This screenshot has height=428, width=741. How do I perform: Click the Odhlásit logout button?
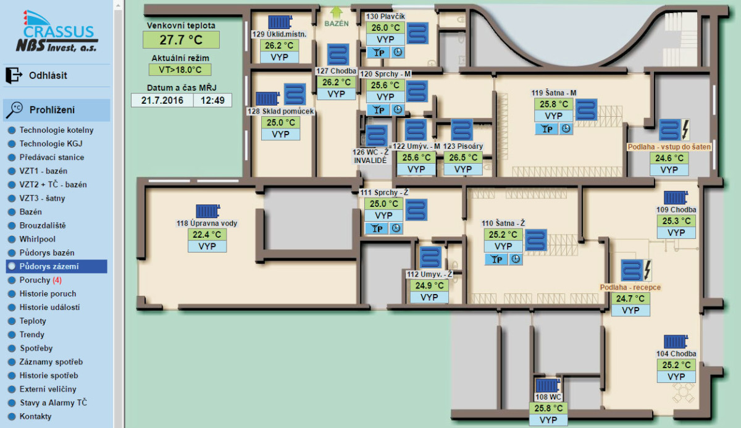(36, 75)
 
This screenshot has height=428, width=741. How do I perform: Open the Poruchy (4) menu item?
(40, 280)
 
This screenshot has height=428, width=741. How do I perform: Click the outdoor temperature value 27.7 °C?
(181, 40)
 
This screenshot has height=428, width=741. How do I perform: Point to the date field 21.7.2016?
(162, 100)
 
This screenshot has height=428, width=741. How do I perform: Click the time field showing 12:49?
(212, 100)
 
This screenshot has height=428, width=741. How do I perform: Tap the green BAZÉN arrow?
(337, 13)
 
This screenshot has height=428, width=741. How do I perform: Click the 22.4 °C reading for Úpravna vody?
(207, 235)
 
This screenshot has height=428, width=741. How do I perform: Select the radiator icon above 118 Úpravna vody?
(207, 211)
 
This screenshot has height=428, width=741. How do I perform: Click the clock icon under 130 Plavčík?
(398, 52)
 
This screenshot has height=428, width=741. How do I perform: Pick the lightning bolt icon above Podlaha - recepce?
(647, 270)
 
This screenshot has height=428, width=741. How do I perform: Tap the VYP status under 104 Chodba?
(676, 377)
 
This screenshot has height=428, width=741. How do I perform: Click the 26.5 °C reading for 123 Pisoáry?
(463, 157)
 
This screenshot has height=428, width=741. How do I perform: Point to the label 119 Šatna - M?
(553, 93)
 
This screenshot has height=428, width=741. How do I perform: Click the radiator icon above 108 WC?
(548, 385)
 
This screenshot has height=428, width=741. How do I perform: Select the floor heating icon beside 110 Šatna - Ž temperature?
(535, 240)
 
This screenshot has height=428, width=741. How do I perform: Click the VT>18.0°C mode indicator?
(180, 70)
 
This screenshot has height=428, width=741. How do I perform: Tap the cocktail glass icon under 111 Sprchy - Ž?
(377, 229)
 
